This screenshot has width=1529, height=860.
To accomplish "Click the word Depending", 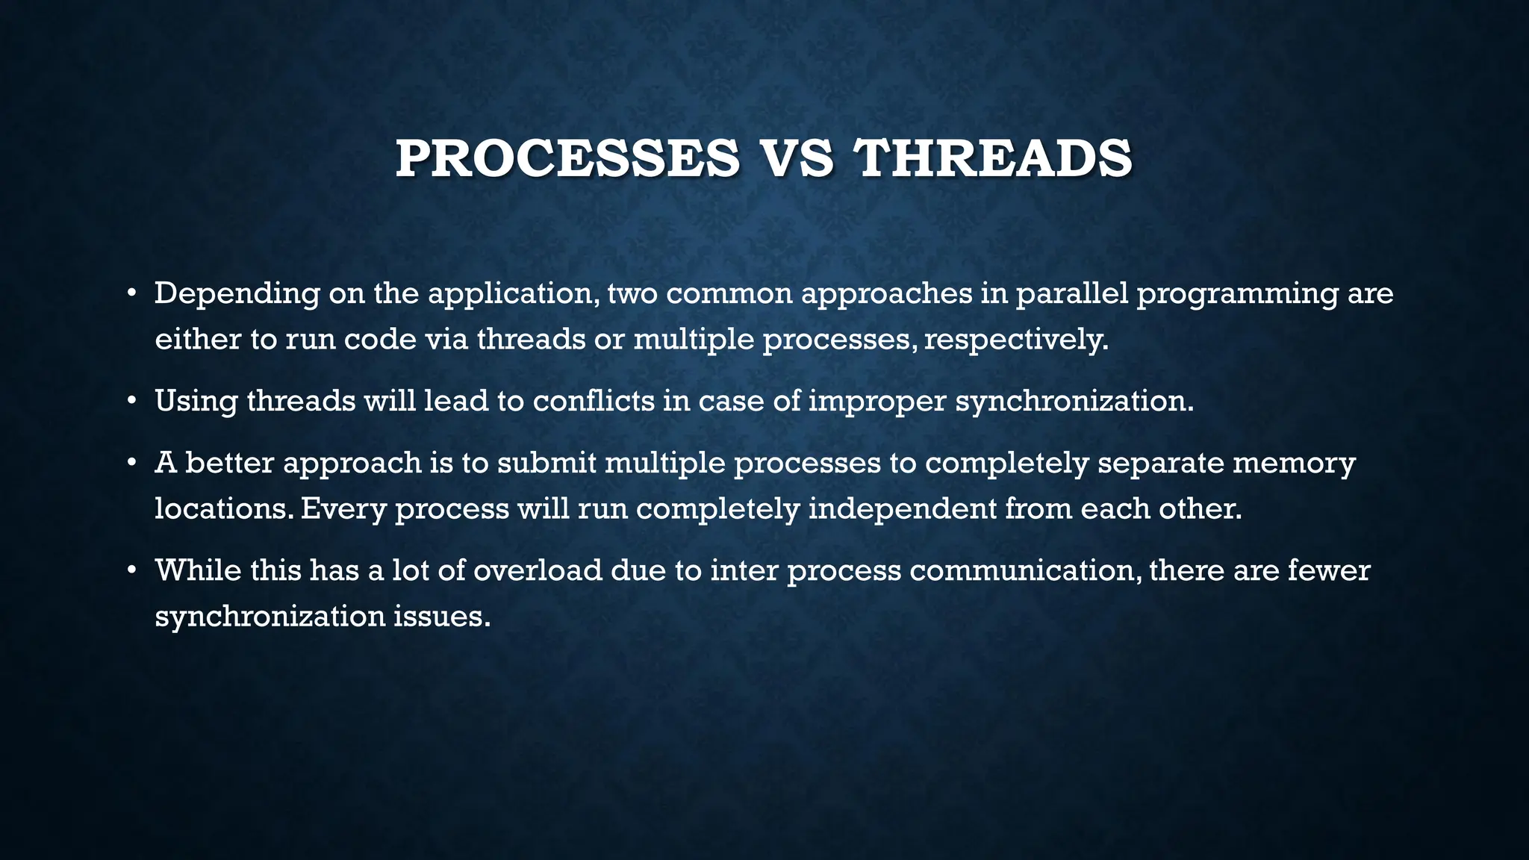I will point(237,294).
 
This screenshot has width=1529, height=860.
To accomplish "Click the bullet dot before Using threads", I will point(131,402).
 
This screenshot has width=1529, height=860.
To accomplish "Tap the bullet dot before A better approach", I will point(131,464).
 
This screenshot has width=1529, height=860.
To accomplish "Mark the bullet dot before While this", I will point(131,571).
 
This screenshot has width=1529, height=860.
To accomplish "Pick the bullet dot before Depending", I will point(131,294).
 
